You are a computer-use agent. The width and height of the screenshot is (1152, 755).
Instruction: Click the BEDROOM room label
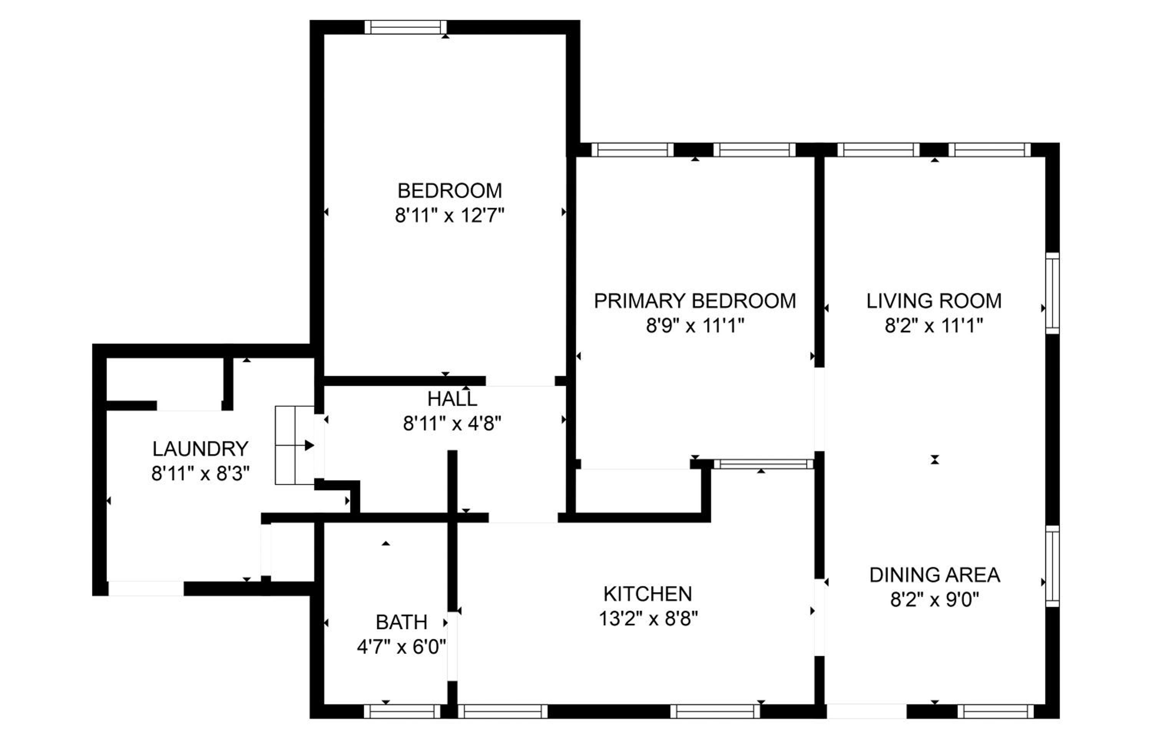(x=450, y=191)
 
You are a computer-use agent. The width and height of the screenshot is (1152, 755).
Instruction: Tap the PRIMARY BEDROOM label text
(x=695, y=301)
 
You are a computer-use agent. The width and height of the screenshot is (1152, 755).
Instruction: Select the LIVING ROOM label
(x=934, y=301)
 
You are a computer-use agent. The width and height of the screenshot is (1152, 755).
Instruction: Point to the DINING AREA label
(x=935, y=575)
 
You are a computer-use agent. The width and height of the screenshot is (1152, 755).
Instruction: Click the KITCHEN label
(x=648, y=593)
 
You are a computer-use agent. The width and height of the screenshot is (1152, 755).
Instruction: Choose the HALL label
(x=452, y=399)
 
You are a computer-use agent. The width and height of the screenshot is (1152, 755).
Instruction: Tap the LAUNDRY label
(x=200, y=449)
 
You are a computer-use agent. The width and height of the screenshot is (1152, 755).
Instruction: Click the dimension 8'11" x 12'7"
(x=450, y=215)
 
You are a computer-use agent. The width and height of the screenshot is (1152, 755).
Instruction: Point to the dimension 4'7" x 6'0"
(x=401, y=647)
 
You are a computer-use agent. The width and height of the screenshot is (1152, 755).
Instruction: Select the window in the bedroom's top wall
(x=406, y=27)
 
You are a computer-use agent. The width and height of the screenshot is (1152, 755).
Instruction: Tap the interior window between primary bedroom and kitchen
(x=763, y=464)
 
